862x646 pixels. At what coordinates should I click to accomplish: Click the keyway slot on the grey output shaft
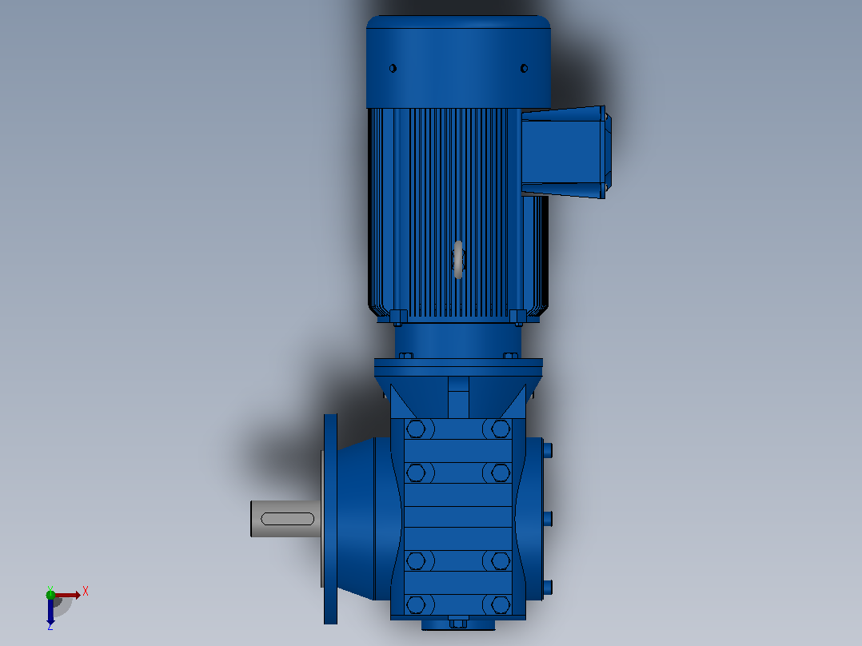point(288,518)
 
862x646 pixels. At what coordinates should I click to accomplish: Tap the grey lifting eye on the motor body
point(458,259)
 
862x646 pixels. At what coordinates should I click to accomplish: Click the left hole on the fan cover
point(393,68)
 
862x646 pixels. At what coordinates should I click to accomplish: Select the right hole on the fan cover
point(524,68)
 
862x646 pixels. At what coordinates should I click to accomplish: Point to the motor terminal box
point(565,152)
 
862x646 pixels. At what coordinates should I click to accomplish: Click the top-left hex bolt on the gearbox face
point(416,429)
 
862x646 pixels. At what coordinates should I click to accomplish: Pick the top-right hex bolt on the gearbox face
point(501,429)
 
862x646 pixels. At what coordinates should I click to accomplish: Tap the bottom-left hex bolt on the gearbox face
point(416,604)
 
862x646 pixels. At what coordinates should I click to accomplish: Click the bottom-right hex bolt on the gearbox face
point(501,604)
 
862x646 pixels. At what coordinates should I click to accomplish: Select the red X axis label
point(86,592)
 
